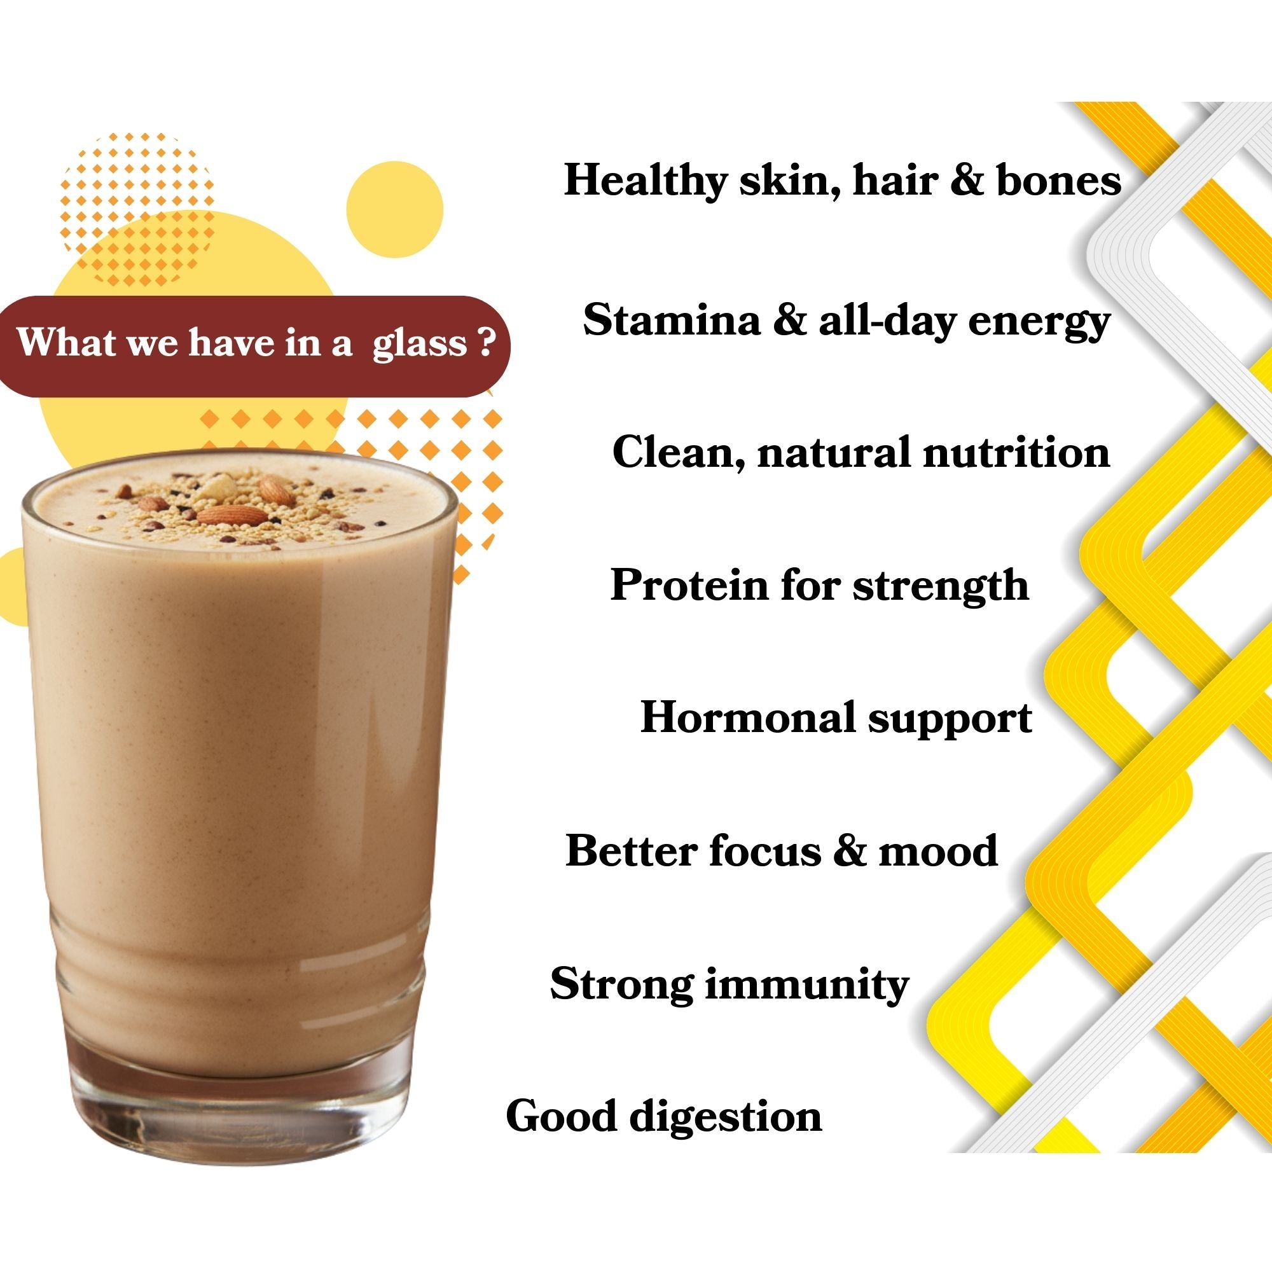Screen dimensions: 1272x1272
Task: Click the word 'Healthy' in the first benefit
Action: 644,180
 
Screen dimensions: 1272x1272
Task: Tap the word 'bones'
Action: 1058,180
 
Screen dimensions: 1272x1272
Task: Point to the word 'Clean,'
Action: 679,453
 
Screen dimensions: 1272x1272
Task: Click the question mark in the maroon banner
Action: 487,342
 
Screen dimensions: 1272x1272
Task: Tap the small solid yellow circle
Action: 394,209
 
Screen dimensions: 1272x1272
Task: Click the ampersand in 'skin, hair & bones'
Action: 967,180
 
